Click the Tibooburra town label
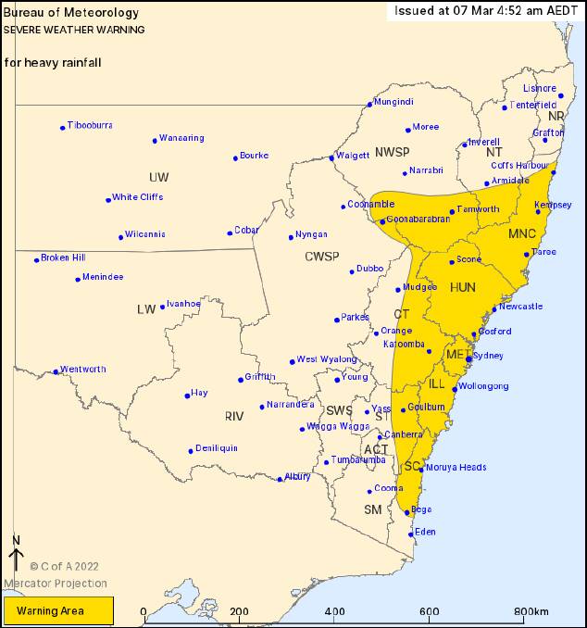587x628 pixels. click(x=90, y=125)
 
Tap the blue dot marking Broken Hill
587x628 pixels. click(x=37, y=259)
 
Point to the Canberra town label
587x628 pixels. click(x=405, y=434)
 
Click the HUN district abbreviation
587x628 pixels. click(x=462, y=288)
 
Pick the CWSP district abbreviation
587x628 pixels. click(x=323, y=256)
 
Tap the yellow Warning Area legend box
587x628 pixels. click(x=58, y=610)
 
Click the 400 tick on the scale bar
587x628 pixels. click(x=334, y=611)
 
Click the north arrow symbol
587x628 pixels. click(x=16, y=554)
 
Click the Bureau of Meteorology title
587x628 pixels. click(x=71, y=13)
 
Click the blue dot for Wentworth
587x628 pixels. click(x=56, y=372)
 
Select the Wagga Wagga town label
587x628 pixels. click(x=341, y=426)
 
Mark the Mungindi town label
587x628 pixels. click(x=393, y=102)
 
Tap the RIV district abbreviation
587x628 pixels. click(x=233, y=417)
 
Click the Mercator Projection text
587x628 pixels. click(x=55, y=584)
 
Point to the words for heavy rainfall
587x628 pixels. click(x=52, y=63)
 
